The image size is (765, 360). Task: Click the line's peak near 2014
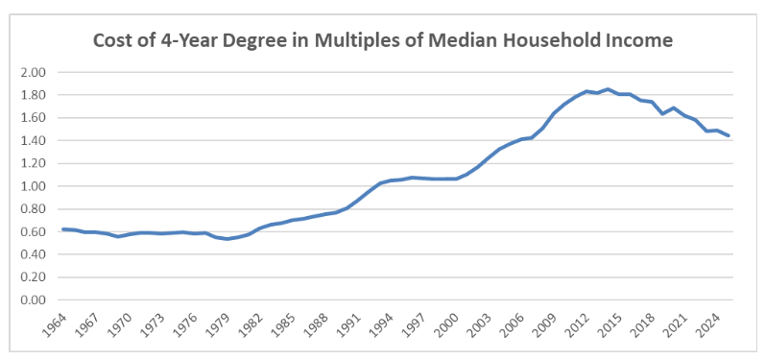(609, 89)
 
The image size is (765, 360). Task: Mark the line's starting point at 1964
(62, 229)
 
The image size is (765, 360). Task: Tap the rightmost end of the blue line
(729, 135)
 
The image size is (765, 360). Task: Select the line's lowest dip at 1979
(228, 238)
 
